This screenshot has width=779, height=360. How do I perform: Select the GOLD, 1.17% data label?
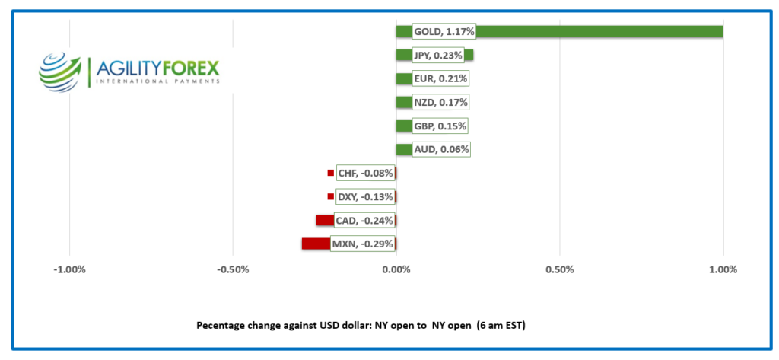coord(444,32)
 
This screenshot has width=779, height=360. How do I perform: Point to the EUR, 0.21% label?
coord(440,78)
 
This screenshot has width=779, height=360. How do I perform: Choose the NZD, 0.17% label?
coord(441,102)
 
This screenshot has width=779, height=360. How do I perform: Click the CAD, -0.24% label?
coord(364,221)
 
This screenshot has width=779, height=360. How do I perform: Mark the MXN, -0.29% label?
coord(362,244)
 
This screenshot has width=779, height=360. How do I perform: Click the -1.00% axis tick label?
coord(69,270)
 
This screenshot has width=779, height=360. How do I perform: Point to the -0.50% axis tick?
coord(233,270)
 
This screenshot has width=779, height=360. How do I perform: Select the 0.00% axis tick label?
coord(396,270)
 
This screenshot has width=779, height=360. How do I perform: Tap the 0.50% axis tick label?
coord(559,270)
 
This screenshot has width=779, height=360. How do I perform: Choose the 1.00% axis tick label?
coord(723,270)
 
